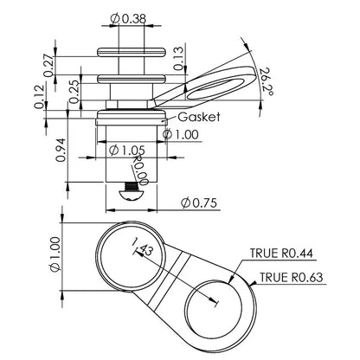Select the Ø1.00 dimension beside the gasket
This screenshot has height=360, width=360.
point(184,134)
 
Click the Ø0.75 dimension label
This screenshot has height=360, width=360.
point(200,202)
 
